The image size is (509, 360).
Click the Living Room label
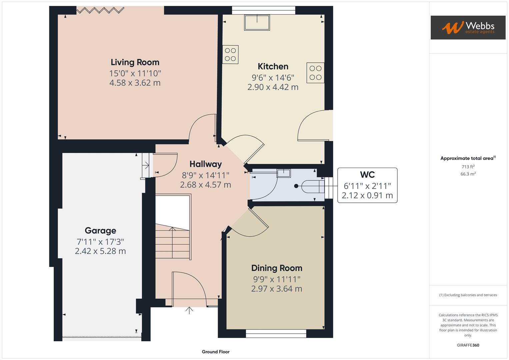(135, 62)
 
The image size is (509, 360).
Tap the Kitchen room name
(273, 66)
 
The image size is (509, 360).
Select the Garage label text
(100, 231)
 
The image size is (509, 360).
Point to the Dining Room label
(277, 268)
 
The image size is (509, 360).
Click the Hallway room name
(205, 164)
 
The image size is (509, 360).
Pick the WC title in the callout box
(367, 175)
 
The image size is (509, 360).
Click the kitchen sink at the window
(257, 22)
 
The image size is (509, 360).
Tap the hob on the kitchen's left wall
(230, 55)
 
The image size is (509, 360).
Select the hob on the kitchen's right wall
(315, 73)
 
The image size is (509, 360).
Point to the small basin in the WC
(284, 173)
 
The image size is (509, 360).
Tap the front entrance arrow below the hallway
(189, 310)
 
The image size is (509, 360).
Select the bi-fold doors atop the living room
(100, 11)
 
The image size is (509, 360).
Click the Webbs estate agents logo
(468, 28)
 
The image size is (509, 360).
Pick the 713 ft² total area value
(468, 167)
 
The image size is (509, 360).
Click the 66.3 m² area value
(468, 174)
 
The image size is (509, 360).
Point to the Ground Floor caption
(216, 352)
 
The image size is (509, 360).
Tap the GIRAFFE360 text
(468, 345)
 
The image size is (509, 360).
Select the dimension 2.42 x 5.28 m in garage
(100, 251)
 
